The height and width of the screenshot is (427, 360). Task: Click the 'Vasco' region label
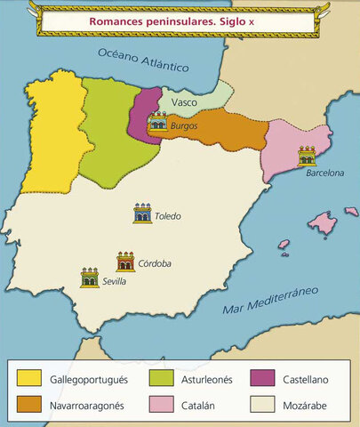click(184, 102)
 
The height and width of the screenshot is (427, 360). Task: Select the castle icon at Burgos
click(159, 121)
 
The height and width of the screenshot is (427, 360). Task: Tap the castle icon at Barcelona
click(307, 157)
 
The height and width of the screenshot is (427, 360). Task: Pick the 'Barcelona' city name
click(324, 173)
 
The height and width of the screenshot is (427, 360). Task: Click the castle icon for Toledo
click(142, 213)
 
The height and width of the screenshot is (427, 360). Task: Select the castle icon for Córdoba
click(125, 261)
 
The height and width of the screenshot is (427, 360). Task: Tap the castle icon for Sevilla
click(89, 277)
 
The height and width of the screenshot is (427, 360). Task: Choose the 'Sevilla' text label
click(114, 281)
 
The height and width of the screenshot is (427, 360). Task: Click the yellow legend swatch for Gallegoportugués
click(29, 379)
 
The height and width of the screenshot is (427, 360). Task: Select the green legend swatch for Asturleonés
click(148, 379)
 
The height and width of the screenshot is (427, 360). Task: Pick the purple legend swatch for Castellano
click(265, 379)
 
